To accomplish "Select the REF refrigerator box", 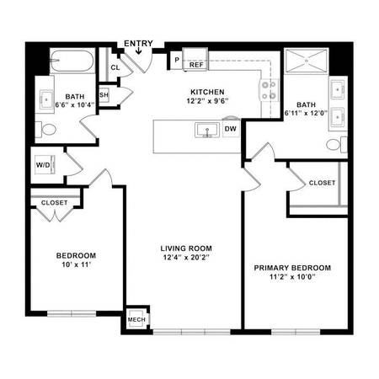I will [196, 63].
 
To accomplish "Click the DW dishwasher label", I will [230, 130].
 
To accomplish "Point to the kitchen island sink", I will [205, 131].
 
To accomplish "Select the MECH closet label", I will [136, 320].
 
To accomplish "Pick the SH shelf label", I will [104, 95].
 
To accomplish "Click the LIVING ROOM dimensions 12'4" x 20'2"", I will [187, 259].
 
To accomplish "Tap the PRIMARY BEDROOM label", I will [292, 268].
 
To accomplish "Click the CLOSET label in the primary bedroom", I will [322, 183].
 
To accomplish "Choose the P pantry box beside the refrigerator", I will [177, 61].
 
